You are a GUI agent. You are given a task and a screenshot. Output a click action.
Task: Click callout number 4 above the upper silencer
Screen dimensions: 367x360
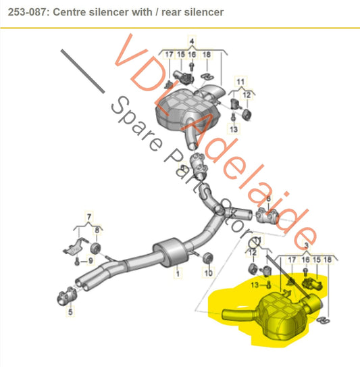click(x=190, y=41)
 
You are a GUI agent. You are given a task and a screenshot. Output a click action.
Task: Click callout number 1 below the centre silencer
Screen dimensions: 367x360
click(x=178, y=274)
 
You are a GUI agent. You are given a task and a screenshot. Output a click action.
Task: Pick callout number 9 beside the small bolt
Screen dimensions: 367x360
click(x=91, y=261)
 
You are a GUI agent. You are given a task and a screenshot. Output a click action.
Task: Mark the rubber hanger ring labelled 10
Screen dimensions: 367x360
click(x=207, y=259)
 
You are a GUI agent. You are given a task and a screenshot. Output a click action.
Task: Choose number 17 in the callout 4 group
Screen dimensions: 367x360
click(x=169, y=53)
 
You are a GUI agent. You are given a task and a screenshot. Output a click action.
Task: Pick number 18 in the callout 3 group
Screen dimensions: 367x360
click(x=328, y=260)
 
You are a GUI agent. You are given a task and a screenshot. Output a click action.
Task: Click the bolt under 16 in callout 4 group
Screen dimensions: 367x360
click(x=192, y=67)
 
